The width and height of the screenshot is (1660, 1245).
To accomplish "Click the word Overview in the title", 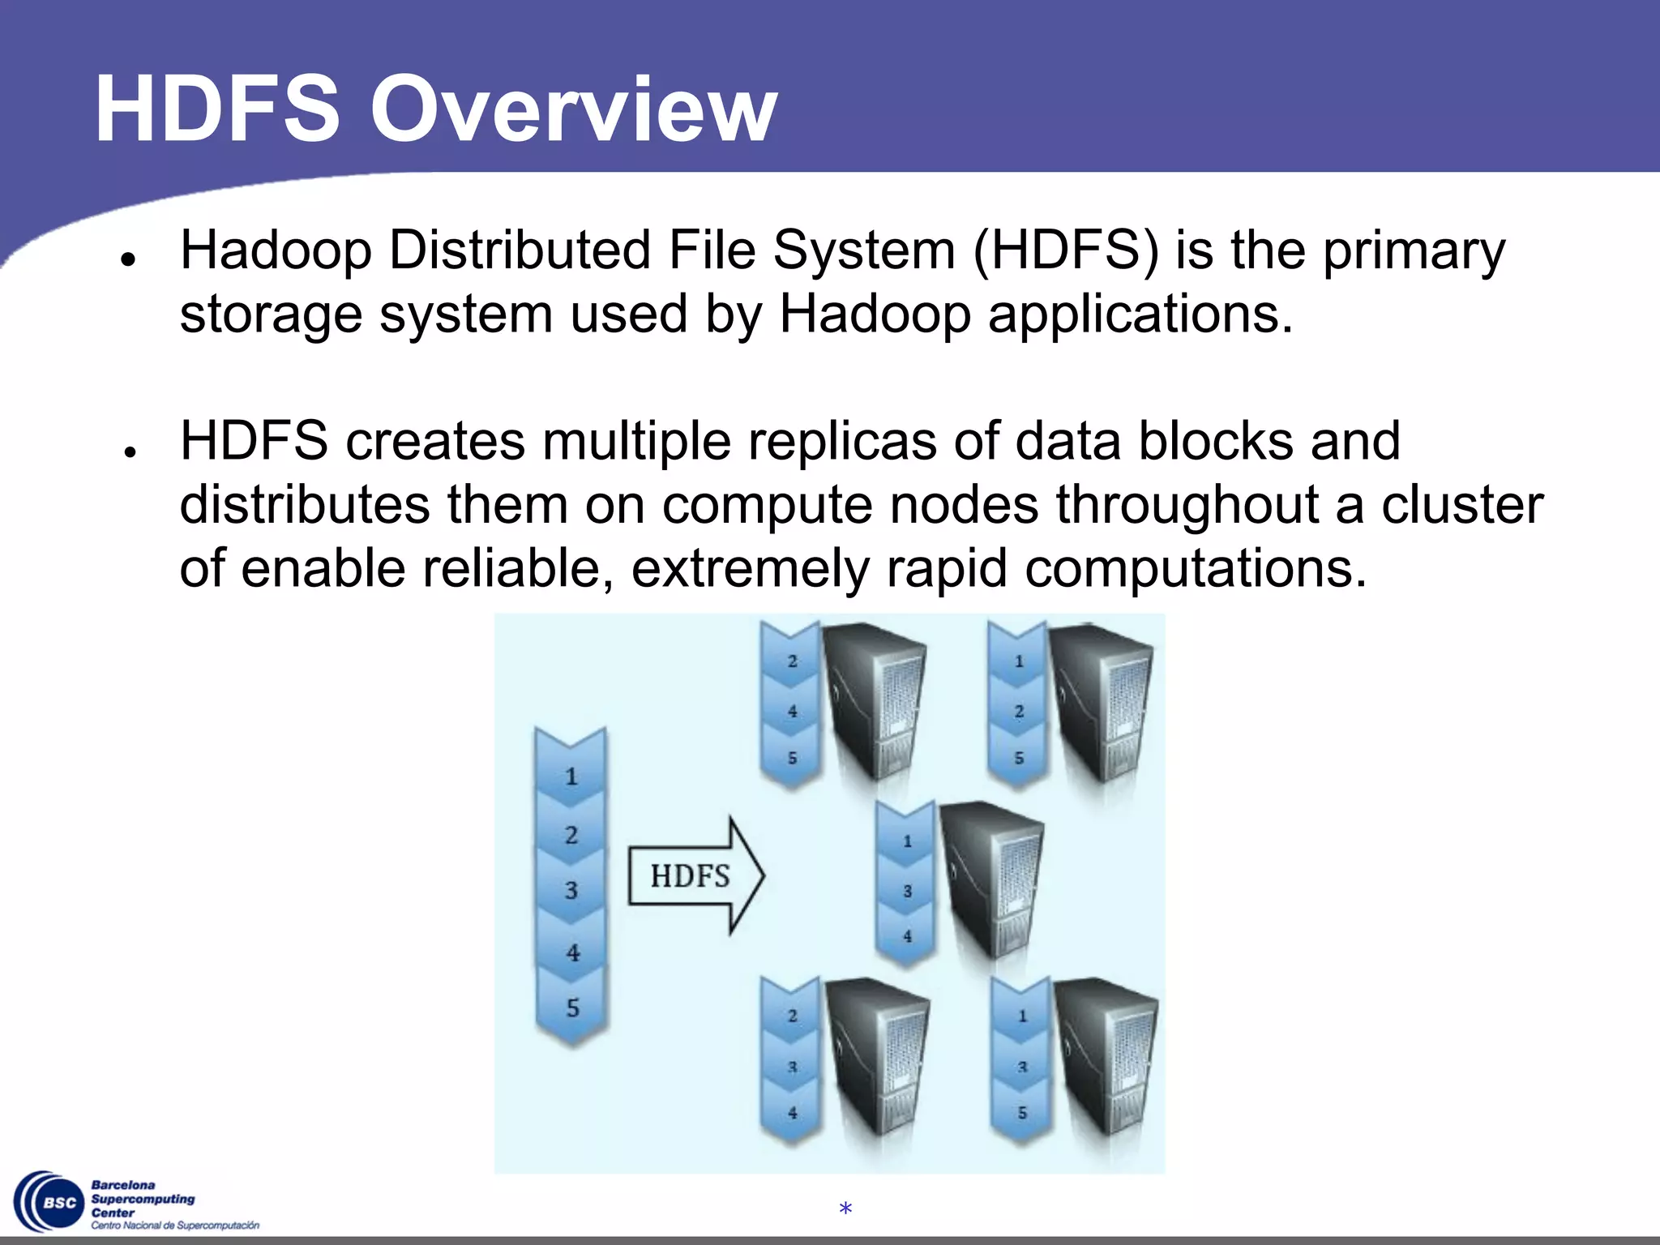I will click(x=574, y=110).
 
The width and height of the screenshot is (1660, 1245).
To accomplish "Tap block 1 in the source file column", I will click(x=571, y=776).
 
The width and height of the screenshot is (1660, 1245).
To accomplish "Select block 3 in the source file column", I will click(x=571, y=890).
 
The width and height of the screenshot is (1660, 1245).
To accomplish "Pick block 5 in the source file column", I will click(x=572, y=1008).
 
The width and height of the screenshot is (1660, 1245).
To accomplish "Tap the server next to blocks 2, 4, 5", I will click(x=874, y=700).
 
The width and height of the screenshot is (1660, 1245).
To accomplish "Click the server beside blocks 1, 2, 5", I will click(x=1101, y=700).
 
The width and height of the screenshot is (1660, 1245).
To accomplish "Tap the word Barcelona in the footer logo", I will click(x=123, y=1185).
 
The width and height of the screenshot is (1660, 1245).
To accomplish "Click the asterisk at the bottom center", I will click(x=845, y=1209).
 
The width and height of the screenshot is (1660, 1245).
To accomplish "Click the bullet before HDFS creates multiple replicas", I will click(x=128, y=451).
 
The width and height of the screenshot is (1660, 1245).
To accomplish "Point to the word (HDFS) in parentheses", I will click(x=1066, y=250).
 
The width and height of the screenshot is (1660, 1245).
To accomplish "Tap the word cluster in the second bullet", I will click(x=1461, y=505).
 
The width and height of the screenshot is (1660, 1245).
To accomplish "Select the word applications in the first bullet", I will click(x=1139, y=314).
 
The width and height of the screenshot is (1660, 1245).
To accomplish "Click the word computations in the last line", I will click(x=1195, y=568).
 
